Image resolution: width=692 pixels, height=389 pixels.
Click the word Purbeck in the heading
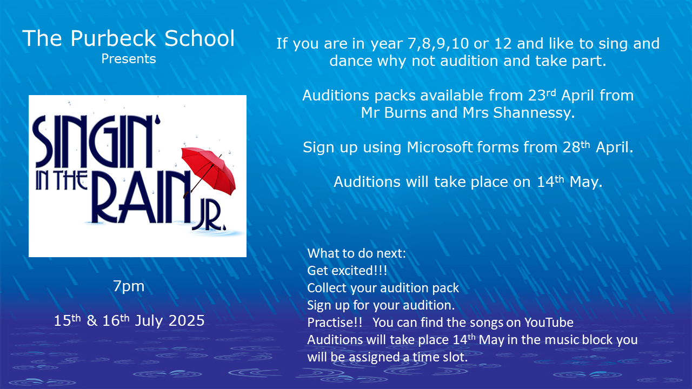113,38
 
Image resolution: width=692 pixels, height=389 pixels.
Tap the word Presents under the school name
129,59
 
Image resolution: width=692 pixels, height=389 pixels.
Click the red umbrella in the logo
209,172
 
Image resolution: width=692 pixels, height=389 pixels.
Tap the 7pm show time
129,287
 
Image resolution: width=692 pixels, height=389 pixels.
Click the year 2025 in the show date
187,320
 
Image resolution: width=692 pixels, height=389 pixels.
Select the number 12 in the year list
503,44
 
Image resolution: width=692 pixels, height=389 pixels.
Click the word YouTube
549,323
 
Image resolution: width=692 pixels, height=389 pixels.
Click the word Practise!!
335,323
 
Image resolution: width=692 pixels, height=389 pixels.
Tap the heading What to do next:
356,253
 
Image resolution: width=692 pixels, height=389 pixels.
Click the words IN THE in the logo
62,180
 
